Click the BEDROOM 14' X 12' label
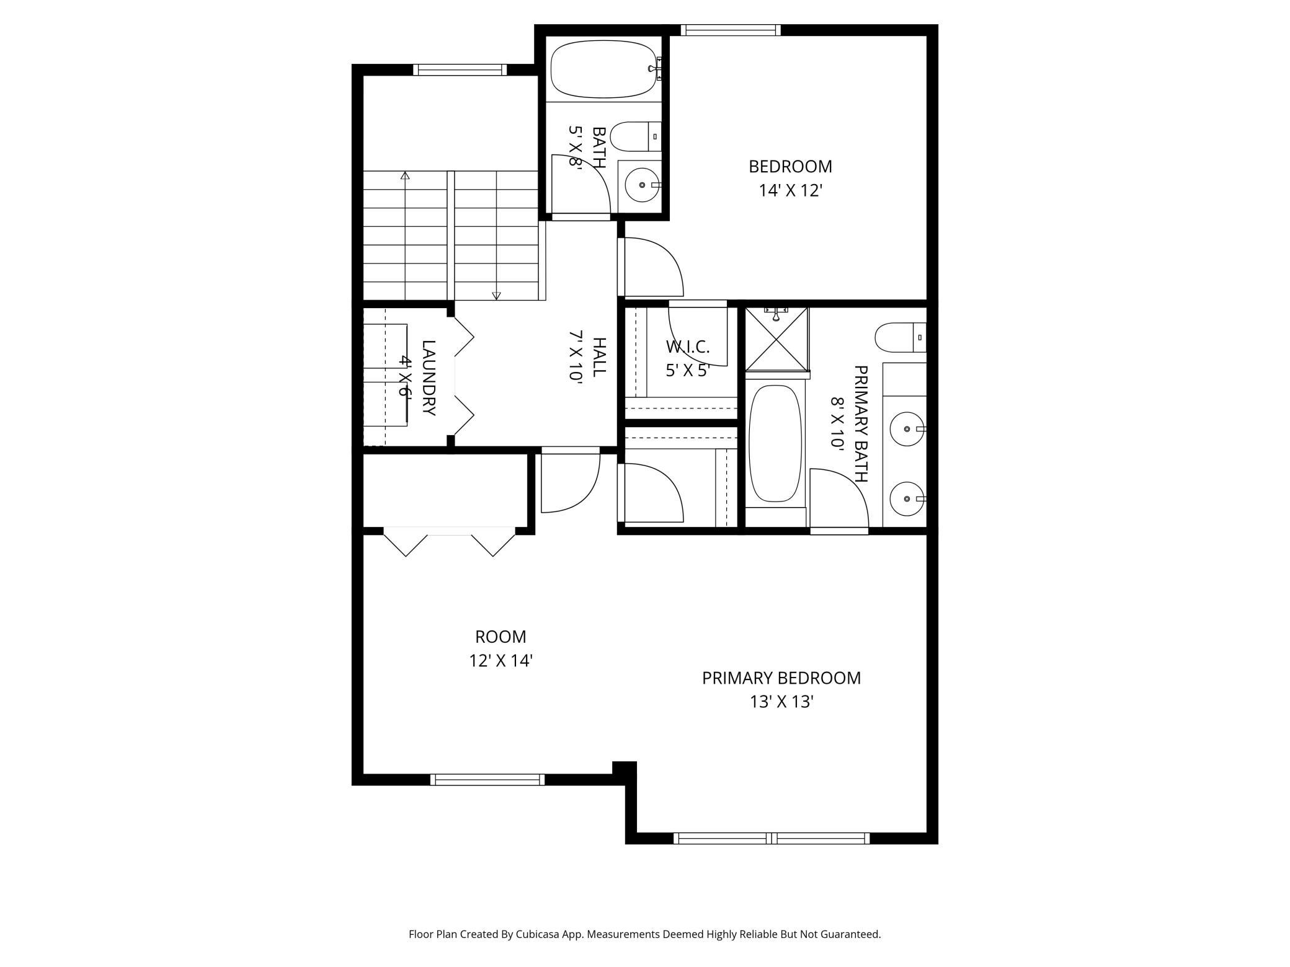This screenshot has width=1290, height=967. pyautogui.click(x=790, y=179)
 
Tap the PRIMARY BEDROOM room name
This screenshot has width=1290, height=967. pyautogui.click(x=781, y=678)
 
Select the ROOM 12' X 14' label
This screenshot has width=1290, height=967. pyautogui.click(x=500, y=648)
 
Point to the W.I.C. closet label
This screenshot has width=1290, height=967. pyautogui.click(x=688, y=347)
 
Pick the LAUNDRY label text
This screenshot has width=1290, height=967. pyautogui.click(x=429, y=378)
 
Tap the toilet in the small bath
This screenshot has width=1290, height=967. pyautogui.click(x=636, y=136)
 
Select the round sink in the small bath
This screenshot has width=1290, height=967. pyautogui.click(x=642, y=185)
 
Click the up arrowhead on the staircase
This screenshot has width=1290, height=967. pyautogui.click(x=405, y=175)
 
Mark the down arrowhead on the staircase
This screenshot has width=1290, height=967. pyautogui.click(x=496, y=296)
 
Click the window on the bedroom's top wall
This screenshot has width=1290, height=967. pyautogui.click(x=731, y=30)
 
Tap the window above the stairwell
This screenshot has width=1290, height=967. pyautogui.click(x=460, y=70)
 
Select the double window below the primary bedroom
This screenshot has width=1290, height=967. pyautogui.click(x=772, y=839)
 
